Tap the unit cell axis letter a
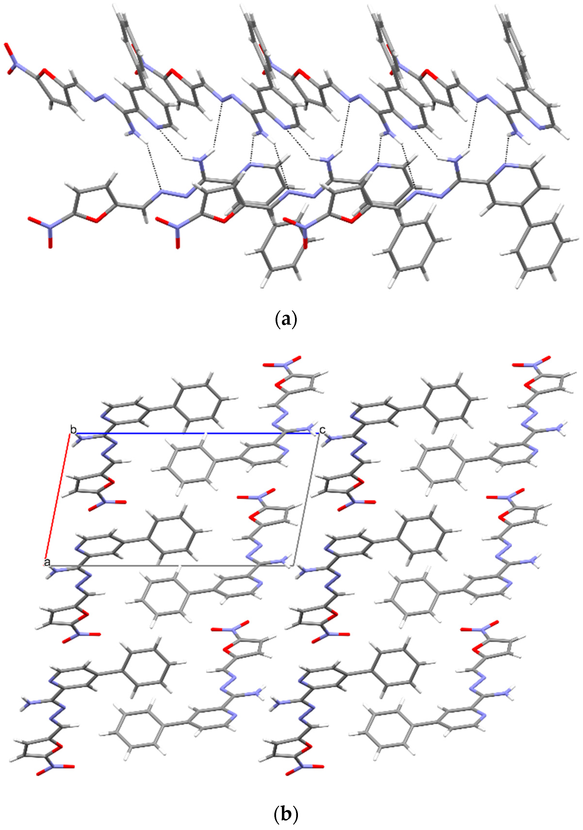tap(47, 562)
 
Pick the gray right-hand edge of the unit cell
tap(306, 499)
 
